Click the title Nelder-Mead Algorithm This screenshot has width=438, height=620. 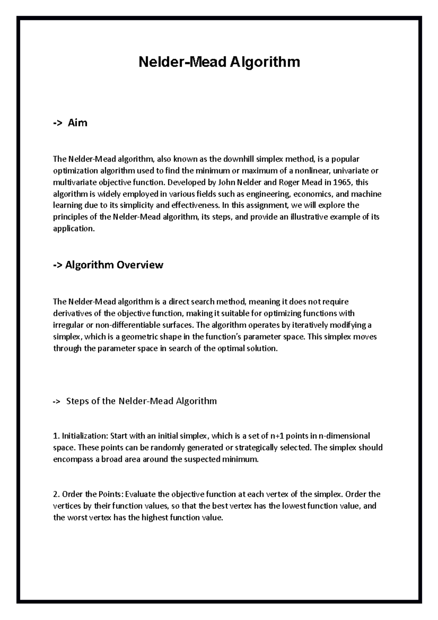(219, 62)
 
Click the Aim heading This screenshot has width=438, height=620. (77, 123)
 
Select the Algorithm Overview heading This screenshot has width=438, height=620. (114, 265)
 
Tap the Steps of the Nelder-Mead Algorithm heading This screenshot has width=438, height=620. (141, 401)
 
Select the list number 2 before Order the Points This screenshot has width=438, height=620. (56, 494)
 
